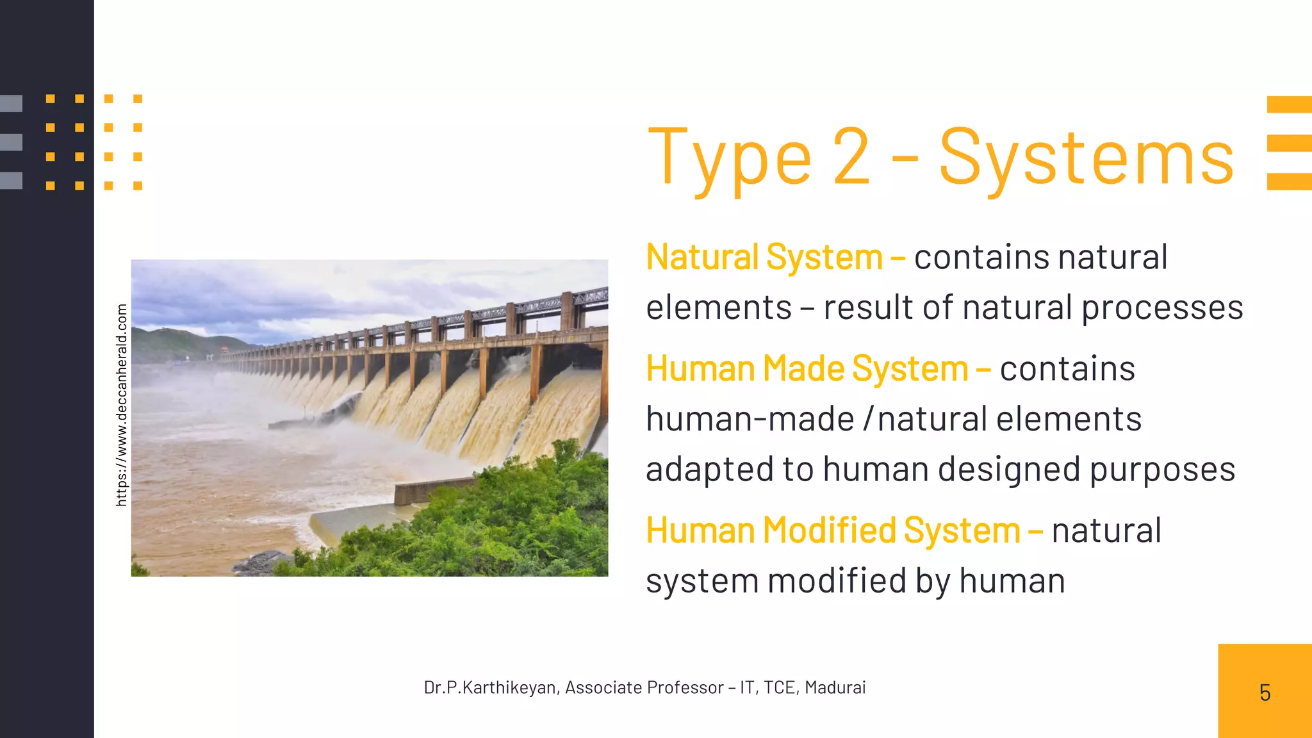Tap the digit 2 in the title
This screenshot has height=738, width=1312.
(x=851, y=156)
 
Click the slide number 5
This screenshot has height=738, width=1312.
(x=1265, y=693)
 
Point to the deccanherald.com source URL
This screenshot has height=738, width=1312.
(x=122, y=405)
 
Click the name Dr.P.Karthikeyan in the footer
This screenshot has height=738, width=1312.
(x=490, y=687)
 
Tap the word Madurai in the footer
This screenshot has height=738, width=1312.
(x=835, y=687)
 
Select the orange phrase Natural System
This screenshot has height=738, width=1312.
(x=764, y=258)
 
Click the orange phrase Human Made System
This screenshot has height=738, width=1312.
(x=807, y=369)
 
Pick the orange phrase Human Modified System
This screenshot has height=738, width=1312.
(x=833, y=531)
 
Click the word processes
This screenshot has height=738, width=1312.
(x=1162, y=308)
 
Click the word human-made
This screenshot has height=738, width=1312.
(x=750, y=420)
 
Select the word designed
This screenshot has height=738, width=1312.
(x=1010, y=470)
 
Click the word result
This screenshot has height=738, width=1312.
(x=869, y=307)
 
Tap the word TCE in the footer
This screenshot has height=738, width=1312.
(x=780, y=687)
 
